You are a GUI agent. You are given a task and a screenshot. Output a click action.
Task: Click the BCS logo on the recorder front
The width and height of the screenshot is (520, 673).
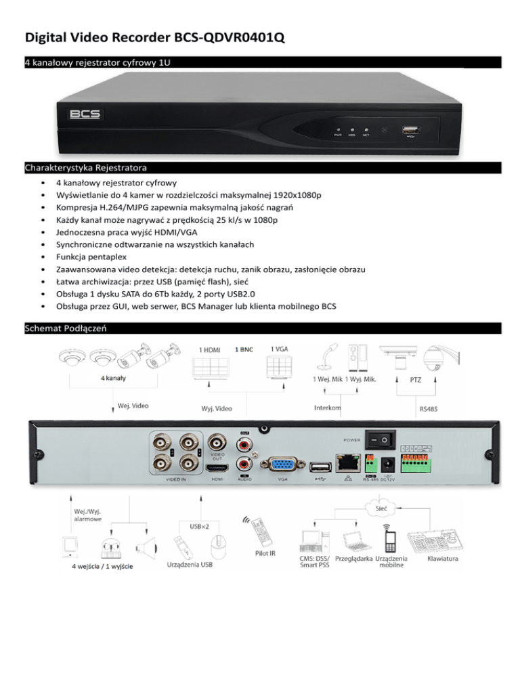click(85, 114)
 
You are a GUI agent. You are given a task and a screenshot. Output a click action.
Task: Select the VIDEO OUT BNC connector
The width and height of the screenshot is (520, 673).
click(217, 442)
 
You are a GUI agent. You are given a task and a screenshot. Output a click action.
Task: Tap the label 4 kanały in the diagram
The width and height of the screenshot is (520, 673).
click(112, 378)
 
